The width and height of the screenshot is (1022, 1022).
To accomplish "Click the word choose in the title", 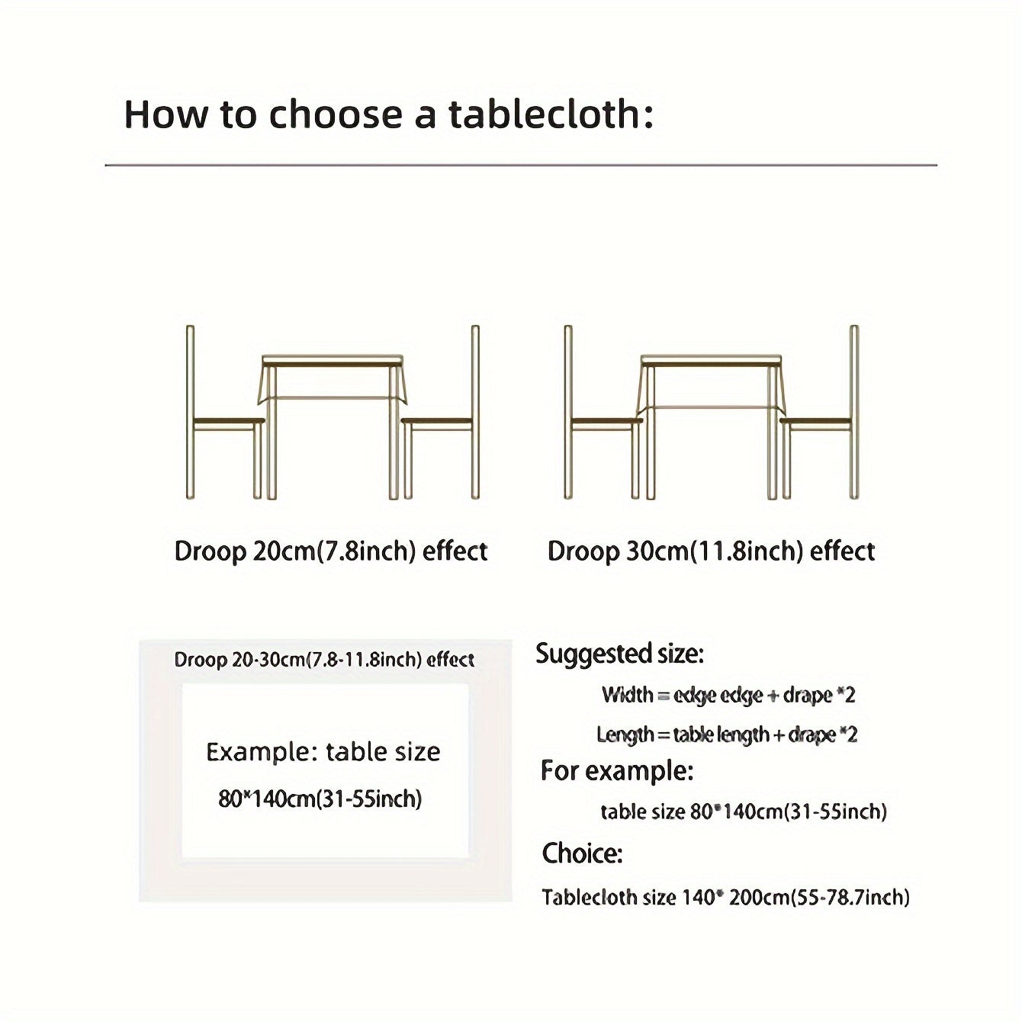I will [335, 114].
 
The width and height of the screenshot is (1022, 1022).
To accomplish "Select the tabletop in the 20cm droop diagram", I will [333, 359].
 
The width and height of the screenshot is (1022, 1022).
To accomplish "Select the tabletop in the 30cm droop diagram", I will [711, 359].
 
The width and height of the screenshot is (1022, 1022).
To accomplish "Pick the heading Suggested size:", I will [619, 654].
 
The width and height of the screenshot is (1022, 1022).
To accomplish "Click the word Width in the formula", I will [627, 695].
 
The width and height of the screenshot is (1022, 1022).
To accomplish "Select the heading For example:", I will [617, 771].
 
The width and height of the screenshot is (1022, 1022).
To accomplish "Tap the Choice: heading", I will [582, 853].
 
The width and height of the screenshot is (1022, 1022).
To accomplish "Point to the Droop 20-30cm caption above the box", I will [324, 660].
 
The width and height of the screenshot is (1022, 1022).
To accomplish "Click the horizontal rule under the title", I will [521, 165].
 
